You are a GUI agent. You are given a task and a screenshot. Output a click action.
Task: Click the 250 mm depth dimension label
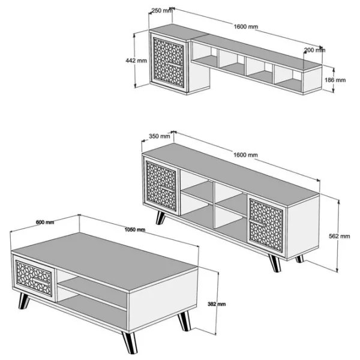point(161,11)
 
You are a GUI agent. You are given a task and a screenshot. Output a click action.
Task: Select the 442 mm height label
point(136,61)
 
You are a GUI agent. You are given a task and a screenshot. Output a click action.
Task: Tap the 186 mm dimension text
point(335,80)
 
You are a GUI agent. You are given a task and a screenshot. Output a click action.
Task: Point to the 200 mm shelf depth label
point(314,50)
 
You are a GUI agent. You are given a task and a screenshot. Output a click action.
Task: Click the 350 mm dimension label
point(160,136)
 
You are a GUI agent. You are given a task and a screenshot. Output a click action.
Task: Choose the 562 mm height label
point(340,236)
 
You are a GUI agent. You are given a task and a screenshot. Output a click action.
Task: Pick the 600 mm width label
point(45,222)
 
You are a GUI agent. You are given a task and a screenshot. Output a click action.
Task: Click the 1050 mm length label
point(135,230)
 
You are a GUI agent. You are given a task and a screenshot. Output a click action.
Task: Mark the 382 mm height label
point(217,304)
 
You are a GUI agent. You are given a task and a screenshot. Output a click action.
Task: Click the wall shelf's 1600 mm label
point(245,27)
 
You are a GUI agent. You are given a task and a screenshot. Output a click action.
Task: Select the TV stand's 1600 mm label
point(245,155)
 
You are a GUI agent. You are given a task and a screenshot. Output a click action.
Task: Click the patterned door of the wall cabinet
point(169,62)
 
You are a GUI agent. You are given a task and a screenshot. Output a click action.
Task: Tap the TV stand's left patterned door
point(161,185)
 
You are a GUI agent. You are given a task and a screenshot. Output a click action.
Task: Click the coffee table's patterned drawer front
point(34,278)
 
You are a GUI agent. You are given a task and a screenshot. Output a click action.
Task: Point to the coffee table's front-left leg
point(23,301)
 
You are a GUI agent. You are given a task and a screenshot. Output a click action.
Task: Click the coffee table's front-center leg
point(130,343)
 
